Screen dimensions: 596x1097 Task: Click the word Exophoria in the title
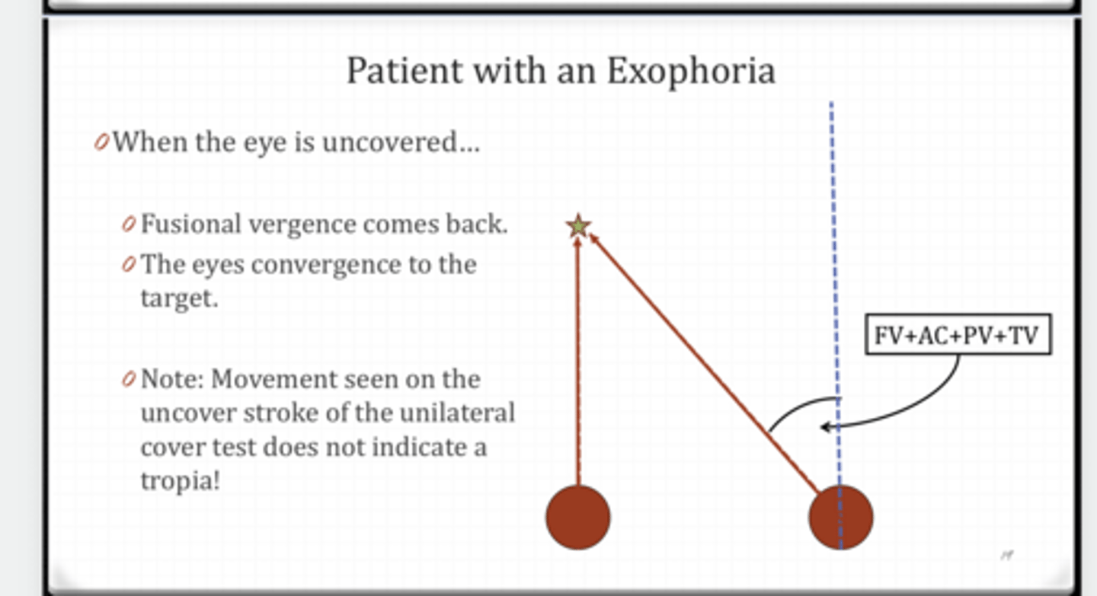tap(690, 72)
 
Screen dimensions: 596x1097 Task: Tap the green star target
tap(578, 225)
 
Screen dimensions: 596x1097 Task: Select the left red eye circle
tap(578, 517)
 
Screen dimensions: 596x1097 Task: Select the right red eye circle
tap(840, 517)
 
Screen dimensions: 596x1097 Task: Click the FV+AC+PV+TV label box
tap(957, 335)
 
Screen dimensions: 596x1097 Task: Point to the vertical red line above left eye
tap(578, 358)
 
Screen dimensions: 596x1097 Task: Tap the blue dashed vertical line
tap(833, 228)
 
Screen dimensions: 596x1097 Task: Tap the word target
tap(178, 298)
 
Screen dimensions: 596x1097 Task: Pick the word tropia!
tap(180, 481)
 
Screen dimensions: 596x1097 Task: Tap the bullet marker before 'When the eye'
tap(101, 142)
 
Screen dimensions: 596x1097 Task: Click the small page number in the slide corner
tap(1007, 556)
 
